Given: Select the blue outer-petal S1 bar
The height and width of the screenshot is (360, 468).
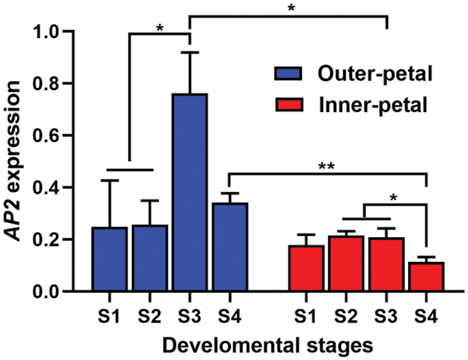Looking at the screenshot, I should (x=109, y=259).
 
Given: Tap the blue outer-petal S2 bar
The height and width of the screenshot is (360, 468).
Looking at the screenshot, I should (x=149, y=258).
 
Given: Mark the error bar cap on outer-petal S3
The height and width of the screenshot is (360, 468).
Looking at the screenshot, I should (x=190, y=53).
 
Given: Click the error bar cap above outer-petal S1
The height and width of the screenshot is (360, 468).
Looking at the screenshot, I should (x=109, y=180).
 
